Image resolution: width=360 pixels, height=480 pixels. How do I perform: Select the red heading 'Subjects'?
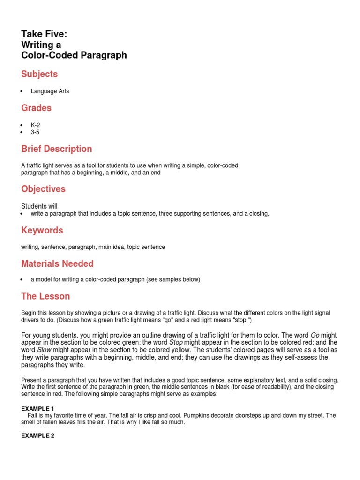[x=39, y=74]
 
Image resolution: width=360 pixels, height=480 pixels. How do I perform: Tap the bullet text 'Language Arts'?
[x=50, y=91]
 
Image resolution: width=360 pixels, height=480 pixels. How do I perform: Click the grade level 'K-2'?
[x=36, y=125]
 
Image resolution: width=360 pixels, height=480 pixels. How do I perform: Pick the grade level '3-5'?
[x=35, y=132]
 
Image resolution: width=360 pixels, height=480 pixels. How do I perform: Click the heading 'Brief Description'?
[x=56, y=149]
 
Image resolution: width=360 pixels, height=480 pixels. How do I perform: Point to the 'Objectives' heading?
[x=43, y=189]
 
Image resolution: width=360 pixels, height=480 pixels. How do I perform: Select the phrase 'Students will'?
[x=39, y=206]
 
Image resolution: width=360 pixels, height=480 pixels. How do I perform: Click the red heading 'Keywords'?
[x=42, y=230]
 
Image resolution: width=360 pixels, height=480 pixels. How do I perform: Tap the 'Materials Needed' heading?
[x=57, y=263]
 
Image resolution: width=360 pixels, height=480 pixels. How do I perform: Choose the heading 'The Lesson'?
[x=45, y=296]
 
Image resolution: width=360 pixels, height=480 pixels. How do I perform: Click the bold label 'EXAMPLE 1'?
[x=38, y=409]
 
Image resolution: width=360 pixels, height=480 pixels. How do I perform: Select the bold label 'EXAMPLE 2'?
[x=38, y=435]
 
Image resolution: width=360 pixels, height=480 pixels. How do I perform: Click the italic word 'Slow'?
[x=45, y=350]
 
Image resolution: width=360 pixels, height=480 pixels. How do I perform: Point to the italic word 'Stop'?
[x=176, y=343]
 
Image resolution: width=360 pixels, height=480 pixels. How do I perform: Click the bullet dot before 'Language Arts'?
[x=22, y=92]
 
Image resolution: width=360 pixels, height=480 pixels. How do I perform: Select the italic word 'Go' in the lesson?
[x=315, y=335]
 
